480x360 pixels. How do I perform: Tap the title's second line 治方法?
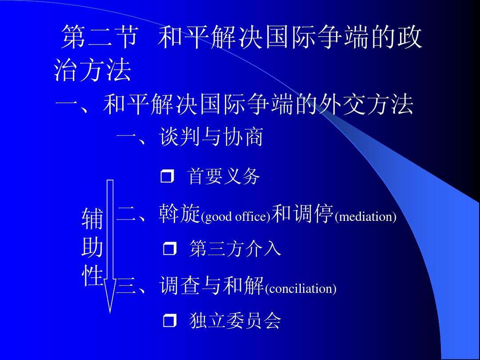pyautogui.click(x=92, y=71)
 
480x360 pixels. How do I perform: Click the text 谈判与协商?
pyautogui.click(x=211, y=137)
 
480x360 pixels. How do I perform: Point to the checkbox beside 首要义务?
pyautogui.click(x=167, y=177)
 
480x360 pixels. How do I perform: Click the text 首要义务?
pyautogui.click(x=224, y=176)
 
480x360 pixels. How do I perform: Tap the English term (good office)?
pyautogui.click(x=236, y=217)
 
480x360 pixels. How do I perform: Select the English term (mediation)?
pyautogui.click(x=365, y=217)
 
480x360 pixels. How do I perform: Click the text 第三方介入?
pyautogui.click(x=235, y=248)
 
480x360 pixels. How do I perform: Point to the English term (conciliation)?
pyautogui.click(x=300, y=289)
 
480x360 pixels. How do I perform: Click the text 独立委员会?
pyautogui.click(x=235, y=321)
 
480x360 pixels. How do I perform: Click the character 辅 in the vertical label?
pyautogui.click(x=92, y=219)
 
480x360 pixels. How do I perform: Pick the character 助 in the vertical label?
pyautogui.click(x=92, y=248)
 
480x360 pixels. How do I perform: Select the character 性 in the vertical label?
pyautogui.click(x=92, y=276)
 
